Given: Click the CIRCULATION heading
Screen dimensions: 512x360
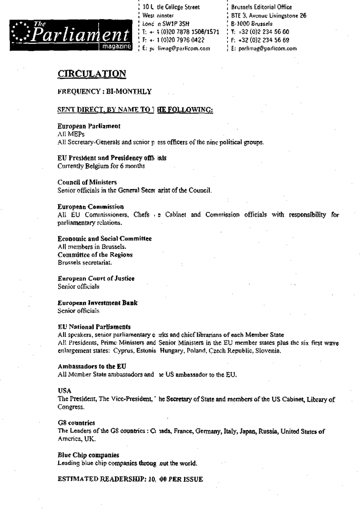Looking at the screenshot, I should coord(92,74).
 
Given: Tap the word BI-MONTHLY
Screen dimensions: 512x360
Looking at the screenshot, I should coord(131,92).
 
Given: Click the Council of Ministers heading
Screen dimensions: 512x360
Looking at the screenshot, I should coord(87,182).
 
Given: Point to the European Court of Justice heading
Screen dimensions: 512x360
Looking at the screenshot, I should coord(96,278).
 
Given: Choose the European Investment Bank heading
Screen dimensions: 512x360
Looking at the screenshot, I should coord(97,303).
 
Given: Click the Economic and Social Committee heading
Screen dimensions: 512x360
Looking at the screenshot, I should coord(104,239).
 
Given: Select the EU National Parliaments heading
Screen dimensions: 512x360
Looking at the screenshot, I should coord(94,327).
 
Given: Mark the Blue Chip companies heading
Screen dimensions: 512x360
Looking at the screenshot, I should coord(88,455).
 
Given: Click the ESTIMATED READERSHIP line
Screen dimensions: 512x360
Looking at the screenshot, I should coord(131,479).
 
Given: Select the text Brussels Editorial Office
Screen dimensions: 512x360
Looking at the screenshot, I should coord(262,7).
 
